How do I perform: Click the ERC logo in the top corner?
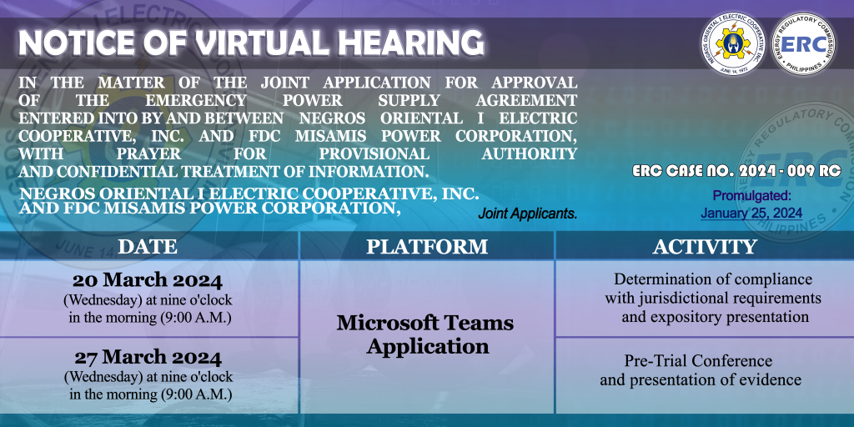(803, 43)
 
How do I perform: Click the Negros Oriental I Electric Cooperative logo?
(733, 43)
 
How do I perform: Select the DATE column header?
(148, 246)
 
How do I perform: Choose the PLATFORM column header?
(427, 246)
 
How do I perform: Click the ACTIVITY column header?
(705, 246)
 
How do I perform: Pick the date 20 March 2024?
(148, 281)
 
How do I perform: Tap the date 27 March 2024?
(148, 358)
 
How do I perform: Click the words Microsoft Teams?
(425, 323)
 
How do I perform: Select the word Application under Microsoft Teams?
(428, 347)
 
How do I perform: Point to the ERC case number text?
(736, 170)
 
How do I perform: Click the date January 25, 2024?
(751, 213)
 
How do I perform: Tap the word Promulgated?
(751, 196)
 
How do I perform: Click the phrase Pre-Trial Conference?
(698, 360)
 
